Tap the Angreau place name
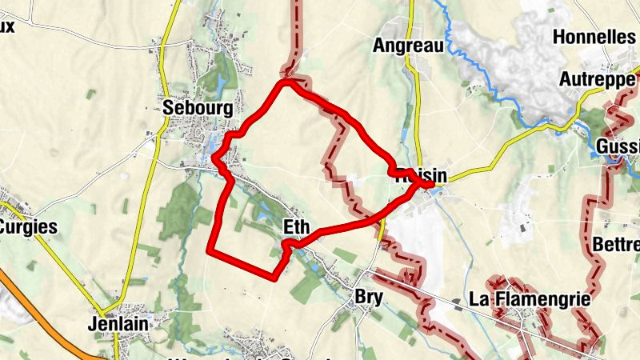pyautogui.click(x=408, y=46)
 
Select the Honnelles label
pyautogui.click(x=594, y=37)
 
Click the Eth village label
pyautogui.click(x=296, y=228)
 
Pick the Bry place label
pyautogui.click(x=369, y=297)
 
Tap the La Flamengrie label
pyautogui.click(x=530, y=299)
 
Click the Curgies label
pyautogui.click(x=27, y=226)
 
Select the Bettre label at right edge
pyautogui.click(x=616, y=242)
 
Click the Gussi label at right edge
pyautogui.click(x=618, y=147)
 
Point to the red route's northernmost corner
pyautogui.click(x=286, y=81)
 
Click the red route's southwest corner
pyautogui.click(x=210, y=251)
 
